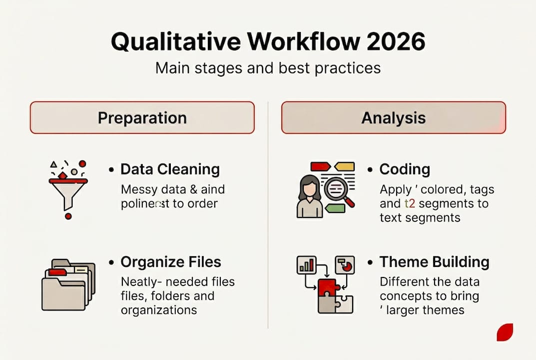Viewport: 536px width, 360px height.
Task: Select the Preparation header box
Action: click(x=142, y=118)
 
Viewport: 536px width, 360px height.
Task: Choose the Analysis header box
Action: click(x=394, y=118)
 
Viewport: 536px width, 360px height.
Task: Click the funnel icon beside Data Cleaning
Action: click(x=68, y=192)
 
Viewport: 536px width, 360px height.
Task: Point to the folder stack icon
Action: click(x=67, y=285)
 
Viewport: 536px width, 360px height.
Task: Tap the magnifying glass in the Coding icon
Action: click(x=336, y=191)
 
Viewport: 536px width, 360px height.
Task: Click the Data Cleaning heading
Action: click(x=170, y=169)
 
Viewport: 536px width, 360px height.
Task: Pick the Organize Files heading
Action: click(x=171, y=262)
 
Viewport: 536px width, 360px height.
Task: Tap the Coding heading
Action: click(x=405, y=169)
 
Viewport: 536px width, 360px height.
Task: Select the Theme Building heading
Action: click(x=434, y=262)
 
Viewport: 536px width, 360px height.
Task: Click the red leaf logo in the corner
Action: click(x=505, y=332)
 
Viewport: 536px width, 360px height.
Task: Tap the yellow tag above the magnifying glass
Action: click(x=344, y=166)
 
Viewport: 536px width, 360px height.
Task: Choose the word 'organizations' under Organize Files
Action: click(x=159, y=310)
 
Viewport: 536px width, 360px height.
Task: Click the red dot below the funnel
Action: click(x=68, y=216)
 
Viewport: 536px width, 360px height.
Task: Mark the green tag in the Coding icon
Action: click(x=335, y=207)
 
